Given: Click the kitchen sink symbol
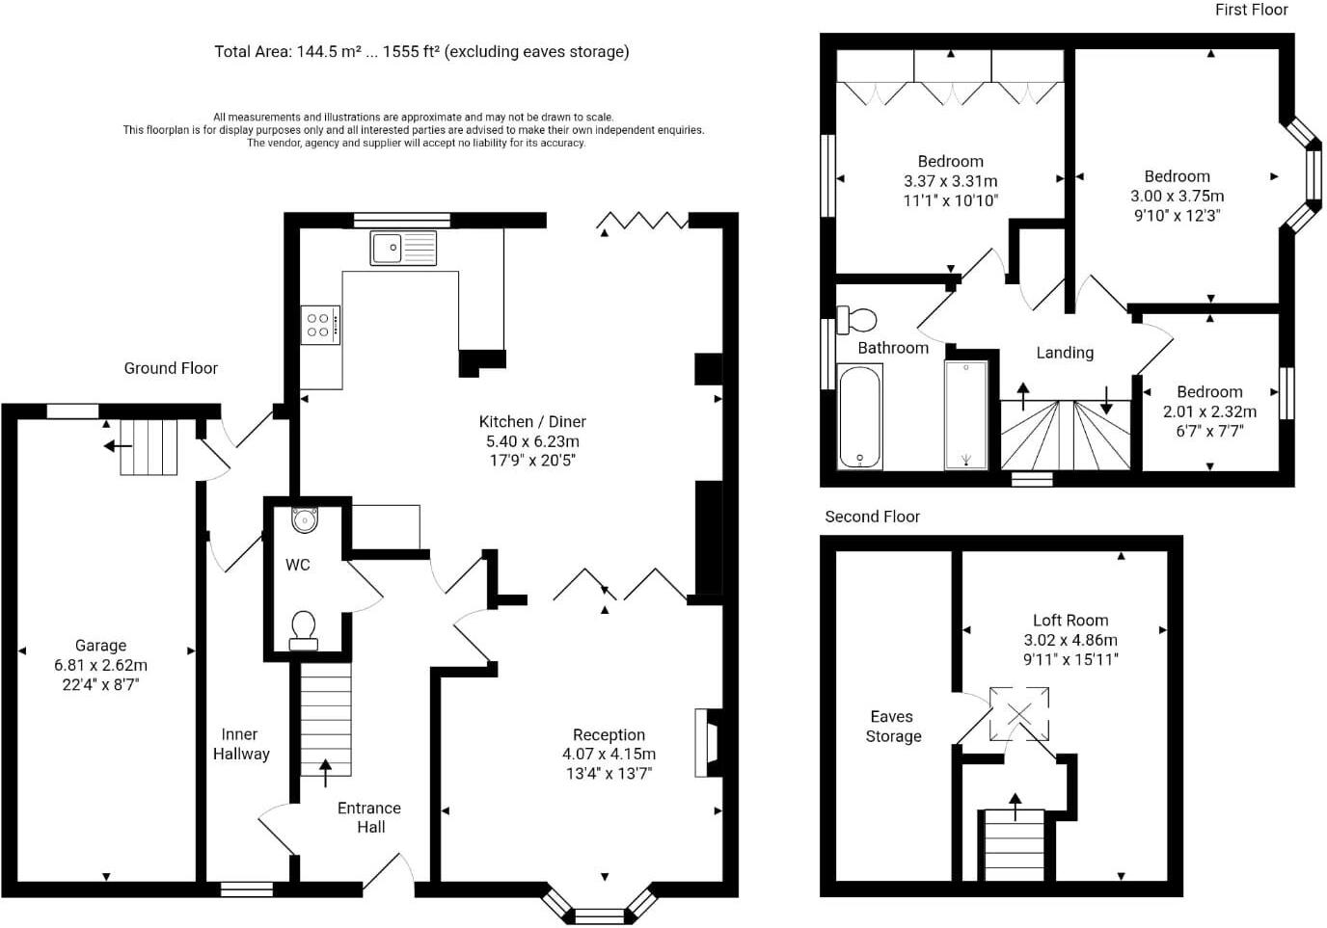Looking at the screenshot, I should pos(403,249).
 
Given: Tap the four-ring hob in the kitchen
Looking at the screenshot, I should pos(319,325).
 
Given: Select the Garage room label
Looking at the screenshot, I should pos(101,646).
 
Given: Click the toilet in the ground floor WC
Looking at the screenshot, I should pos(304,628).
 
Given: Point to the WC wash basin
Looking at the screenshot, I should pos(305,520).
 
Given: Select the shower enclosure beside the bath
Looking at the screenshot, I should pos(965,415).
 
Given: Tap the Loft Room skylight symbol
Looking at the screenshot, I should pos(1019,714).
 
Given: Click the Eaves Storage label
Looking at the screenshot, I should pos(893,727).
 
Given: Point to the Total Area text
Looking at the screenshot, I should pos(421,52).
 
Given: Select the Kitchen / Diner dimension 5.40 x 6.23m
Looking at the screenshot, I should pos(532,441).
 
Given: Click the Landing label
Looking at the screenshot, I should pos(1065,353).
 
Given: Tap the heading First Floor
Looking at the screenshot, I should pos(1251,10).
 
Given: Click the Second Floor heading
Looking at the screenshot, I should pos(872,517).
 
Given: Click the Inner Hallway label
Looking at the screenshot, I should pos(240,744).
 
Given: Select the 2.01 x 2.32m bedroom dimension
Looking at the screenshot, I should pos(1209,411).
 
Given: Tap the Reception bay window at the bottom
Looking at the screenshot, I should pos(599,915).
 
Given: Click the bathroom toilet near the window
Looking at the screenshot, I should pos(857,319).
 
